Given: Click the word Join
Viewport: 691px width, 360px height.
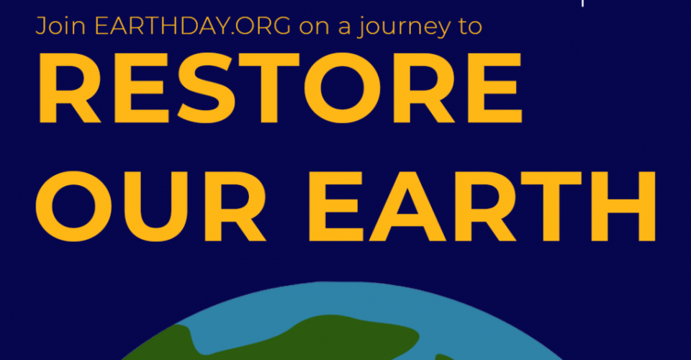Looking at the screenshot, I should pos(55,27).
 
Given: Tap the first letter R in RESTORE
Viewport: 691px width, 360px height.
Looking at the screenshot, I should pos(65,91).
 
